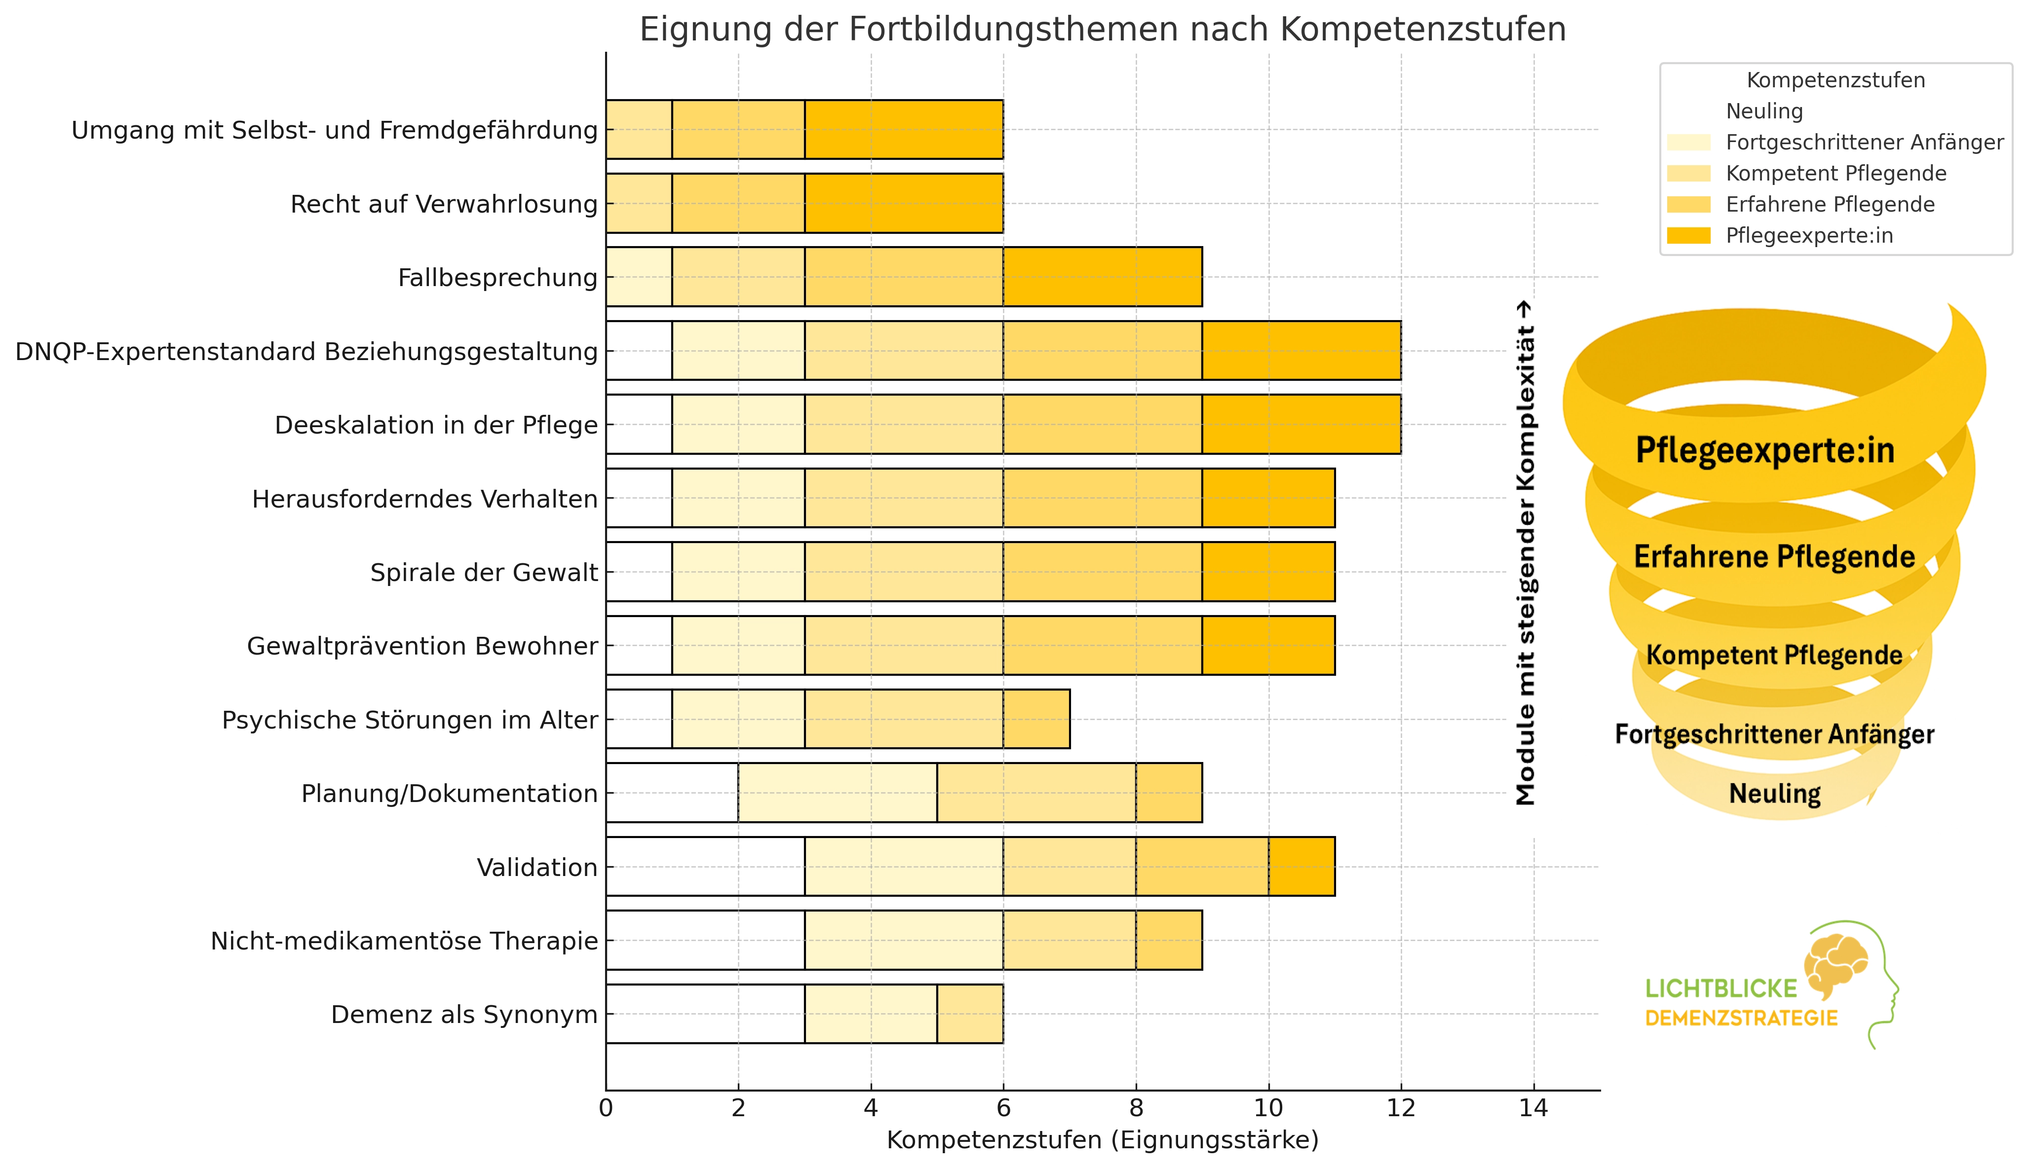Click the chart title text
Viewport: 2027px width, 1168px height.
click(x=1102, y=30)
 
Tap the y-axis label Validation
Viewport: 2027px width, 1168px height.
click(x=537, y=867)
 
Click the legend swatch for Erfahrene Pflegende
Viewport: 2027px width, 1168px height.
click(x=1688, y=205)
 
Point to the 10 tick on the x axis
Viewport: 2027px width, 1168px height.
click(x=1268, y=1109)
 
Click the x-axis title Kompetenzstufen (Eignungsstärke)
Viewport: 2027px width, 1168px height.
click(x=1102, y=1140)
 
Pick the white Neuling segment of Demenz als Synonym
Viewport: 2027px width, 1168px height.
click(x=705, y=1014)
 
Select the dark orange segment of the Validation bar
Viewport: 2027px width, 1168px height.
click(x=1301, y=866)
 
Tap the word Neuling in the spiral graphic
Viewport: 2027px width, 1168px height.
click(x=1774, y=793)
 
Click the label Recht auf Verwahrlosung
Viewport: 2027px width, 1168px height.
click(x=444, y=205)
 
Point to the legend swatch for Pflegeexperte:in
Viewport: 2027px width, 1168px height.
click(x=1688, y=236)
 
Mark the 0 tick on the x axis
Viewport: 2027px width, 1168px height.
click(x=606, y=1109)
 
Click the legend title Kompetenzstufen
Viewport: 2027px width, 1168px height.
click(x=1835, y=80)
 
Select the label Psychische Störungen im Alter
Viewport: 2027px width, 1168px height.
click(x=409, y=720)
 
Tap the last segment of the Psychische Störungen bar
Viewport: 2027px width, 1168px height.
click(x=1036, y=719)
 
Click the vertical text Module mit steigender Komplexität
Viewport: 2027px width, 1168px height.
click(x=1525, y=553)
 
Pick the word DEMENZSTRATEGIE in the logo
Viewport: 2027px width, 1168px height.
click(x=1741, y=1019)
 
